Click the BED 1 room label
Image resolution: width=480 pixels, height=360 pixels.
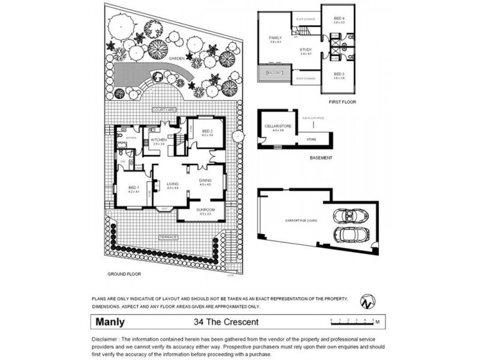pyautogui.click(x=133, y=188)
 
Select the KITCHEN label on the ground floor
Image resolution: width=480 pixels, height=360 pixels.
pyautogui.click(x=158, y=140)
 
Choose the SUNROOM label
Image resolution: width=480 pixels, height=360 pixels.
pyautogui.click(x=206, y=209)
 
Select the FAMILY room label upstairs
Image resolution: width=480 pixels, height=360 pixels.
pyautogui.click(x=275, y=38)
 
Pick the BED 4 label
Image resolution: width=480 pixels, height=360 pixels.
pyautogui.click(x=338, y=19)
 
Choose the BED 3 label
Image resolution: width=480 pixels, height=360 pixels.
pyautogui.click(x=338, y=74)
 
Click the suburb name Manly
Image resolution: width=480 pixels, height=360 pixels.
pyautogui.click(x=112, y=321)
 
